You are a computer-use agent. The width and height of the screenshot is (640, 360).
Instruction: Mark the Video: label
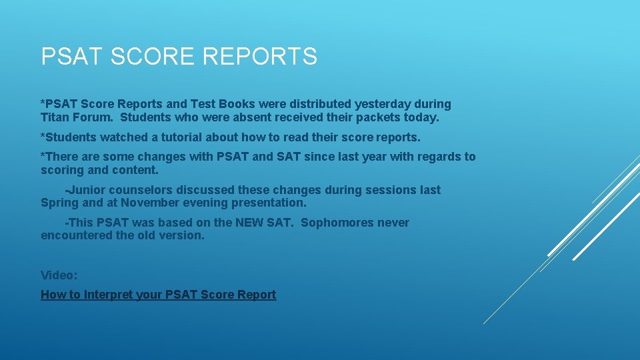click(59, 275)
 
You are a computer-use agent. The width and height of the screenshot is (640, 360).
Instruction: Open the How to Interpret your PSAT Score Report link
click(158, 295)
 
